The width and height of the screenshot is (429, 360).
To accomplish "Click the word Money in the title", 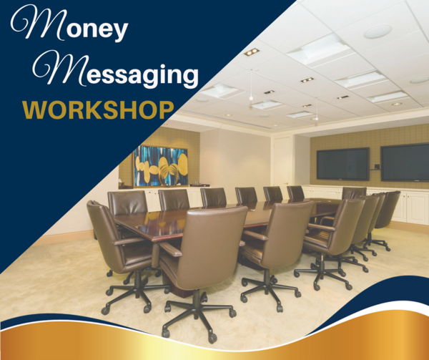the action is (69, 24).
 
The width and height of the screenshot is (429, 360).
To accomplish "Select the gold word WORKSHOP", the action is (98, 110).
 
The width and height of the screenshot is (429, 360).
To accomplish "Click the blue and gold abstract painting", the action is (161, 166).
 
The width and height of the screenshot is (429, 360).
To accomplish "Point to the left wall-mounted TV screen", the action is (342, 164).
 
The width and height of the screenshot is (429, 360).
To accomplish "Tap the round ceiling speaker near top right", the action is (378, 31).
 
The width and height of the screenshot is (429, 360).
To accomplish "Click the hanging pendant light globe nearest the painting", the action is (251, 98).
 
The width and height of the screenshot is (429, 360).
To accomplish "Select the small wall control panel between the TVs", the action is (377, 166).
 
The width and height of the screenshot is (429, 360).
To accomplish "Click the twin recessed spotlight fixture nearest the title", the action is (252, 52).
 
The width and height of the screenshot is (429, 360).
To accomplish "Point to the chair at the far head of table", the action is (354, 193).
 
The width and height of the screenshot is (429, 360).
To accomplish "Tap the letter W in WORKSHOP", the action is (34, 110).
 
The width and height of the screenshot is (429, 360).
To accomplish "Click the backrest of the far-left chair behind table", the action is (127, 202).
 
